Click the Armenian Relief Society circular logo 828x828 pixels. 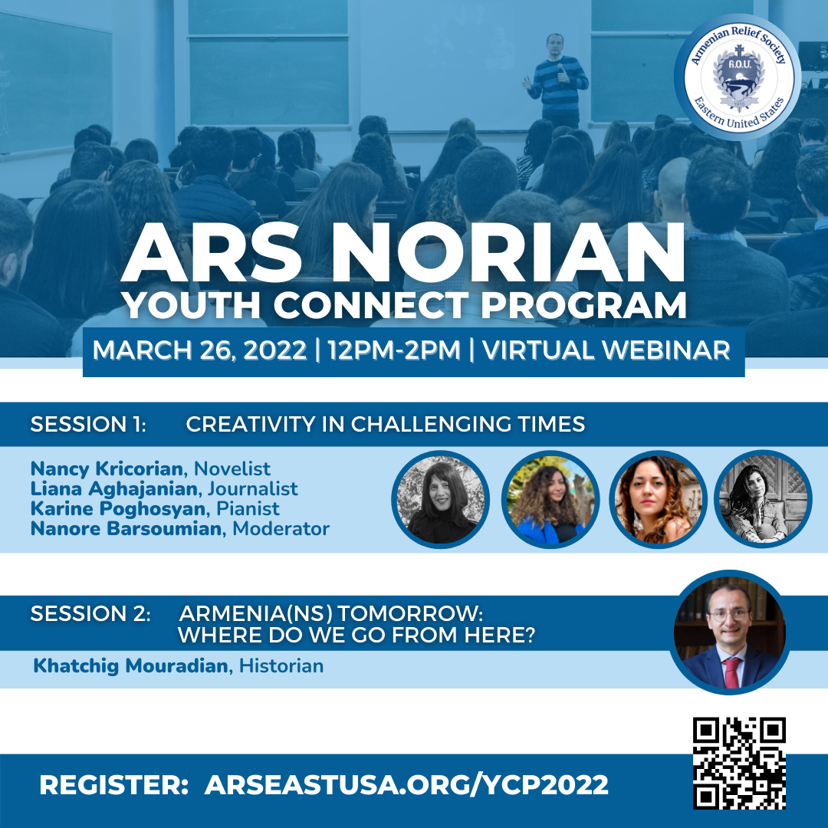coord(738,78)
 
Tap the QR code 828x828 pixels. coord(739,763)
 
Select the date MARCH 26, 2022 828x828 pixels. coord(199,350)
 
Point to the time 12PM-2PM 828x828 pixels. coord(394,350)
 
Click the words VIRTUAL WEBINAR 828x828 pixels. coord(606,350)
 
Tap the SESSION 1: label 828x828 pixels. coord(88,424)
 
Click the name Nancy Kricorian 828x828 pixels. coord(107,468)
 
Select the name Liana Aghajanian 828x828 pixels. coord(114,488)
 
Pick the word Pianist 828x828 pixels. coord(248,508)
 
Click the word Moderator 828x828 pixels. coord(281,528)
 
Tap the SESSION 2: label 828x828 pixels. coord(90,613)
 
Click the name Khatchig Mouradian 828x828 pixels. coord(131,666)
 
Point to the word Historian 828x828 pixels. coord(281,666)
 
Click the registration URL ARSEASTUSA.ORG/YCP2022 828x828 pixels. coord(406,785)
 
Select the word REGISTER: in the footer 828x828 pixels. coord(114,785)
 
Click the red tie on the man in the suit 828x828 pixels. coord(732,672)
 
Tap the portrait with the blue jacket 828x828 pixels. coord(550,500)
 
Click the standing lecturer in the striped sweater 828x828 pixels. coord(557,79)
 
